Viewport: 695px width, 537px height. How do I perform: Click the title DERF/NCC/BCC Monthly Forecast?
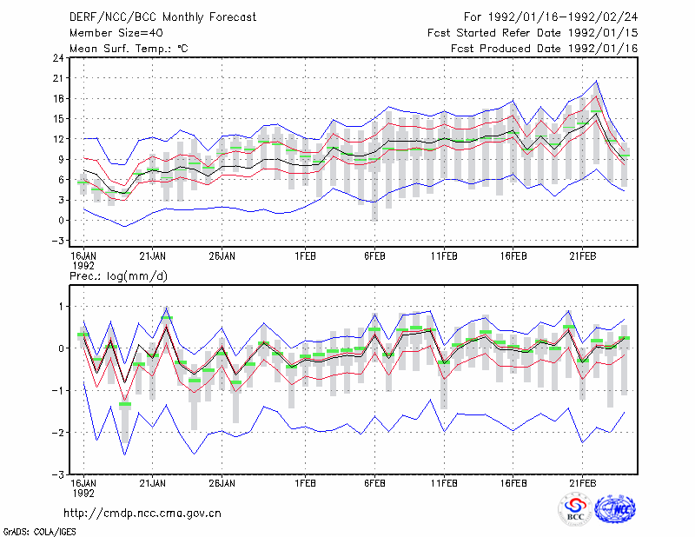[x=162, y=17]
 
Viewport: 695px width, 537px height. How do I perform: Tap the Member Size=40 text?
[x=116, y=33]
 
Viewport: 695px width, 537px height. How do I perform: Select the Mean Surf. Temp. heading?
[x=129, y=49]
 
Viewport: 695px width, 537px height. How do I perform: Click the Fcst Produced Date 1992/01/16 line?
[x=545, y=49]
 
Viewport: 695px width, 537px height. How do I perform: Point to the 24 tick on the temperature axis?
[x=58, y=58]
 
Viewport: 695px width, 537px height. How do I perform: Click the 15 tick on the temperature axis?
[x=58, y=119]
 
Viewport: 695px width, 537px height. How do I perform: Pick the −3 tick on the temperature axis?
[x=57, y=241]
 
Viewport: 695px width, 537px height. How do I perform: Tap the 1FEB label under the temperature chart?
[x=306, y=256]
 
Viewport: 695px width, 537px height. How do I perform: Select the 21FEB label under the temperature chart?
[x=582, y=256]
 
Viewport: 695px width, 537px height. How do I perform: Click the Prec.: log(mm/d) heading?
[x=118, y=276]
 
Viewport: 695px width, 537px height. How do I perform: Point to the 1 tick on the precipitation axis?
[x=61, y=307]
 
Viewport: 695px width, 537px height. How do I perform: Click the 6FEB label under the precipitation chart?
[x=374, y=483]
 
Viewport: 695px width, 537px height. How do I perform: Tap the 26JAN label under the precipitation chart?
[x=222, y=483]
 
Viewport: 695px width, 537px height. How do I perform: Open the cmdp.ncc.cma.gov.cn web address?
[x=142, y=514]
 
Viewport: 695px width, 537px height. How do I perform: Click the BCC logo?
[x=575, y=510]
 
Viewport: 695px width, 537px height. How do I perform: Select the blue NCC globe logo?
[x=615, y=509]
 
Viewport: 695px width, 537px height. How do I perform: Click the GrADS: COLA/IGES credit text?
[x=39, y=532]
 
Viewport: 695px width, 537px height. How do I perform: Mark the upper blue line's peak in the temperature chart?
[x=597, y=81]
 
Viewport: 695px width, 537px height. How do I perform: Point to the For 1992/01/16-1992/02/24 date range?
[x=551, y=17]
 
